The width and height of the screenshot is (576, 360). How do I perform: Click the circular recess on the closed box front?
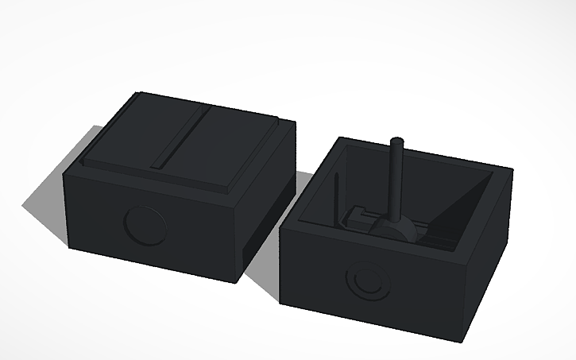tap(145, 226)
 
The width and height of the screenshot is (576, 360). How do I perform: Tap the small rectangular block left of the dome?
tap(359, 216)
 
